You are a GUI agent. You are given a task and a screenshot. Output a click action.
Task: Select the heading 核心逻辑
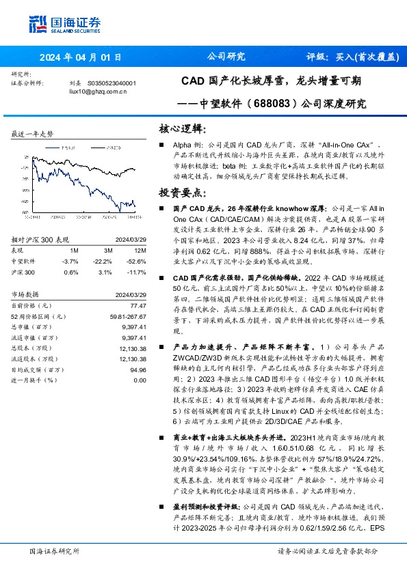181,128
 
